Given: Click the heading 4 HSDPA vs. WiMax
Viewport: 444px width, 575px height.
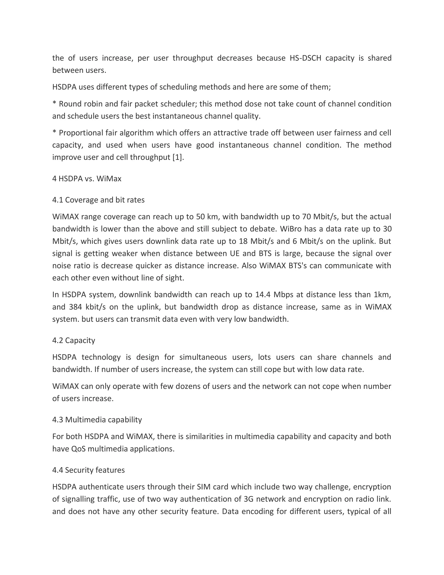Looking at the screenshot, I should (87, 179).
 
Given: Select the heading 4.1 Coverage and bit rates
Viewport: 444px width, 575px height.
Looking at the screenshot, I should (98, 200).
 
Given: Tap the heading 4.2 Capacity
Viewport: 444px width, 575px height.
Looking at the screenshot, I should (74, 340).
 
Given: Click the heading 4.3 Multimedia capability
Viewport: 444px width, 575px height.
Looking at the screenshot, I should (97, 419).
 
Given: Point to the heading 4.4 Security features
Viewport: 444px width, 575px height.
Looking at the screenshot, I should (88, 470).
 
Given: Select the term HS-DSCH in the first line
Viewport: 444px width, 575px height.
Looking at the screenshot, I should (305, 58).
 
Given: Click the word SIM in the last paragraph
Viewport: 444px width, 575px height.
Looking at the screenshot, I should (204, 487).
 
